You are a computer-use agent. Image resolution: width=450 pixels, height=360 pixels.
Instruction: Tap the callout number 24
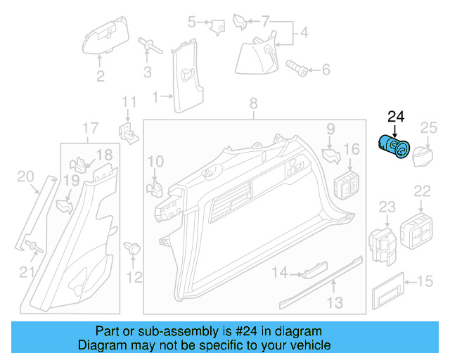396,116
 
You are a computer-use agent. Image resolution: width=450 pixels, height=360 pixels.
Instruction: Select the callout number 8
253,105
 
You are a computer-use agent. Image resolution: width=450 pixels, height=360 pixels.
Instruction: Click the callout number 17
90,128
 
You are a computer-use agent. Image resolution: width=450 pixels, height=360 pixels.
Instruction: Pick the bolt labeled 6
295,67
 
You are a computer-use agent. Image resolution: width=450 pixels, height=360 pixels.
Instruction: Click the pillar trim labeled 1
188,78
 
